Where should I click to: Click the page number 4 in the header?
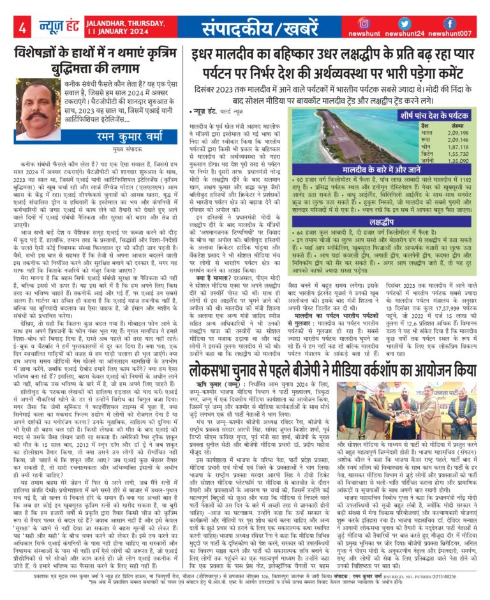coord(22,28)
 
